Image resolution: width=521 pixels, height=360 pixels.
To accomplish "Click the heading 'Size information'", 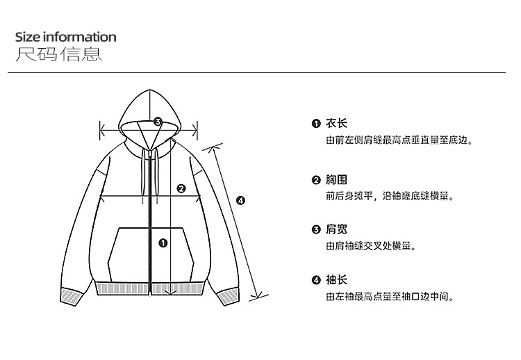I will tap(65, 37).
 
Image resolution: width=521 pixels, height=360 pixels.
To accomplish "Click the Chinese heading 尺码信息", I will tap(58, 54).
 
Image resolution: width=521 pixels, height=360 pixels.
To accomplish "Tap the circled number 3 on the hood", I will tap(158, 122).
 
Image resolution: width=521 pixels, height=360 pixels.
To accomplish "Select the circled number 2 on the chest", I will tap(181, 188).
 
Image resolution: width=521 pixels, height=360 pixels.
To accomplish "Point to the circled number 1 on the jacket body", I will tap(163, 243).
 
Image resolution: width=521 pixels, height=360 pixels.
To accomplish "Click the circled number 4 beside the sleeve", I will tap(240, 201).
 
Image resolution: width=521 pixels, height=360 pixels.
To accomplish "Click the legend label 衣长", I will tap(337, 124).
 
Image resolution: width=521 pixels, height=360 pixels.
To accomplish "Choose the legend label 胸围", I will tap(337, 180).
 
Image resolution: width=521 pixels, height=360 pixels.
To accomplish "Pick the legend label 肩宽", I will tap(337, 229).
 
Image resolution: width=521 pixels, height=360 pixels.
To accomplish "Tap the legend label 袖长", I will tap(337, 280).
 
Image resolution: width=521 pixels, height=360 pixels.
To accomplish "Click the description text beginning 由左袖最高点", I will tap(390, 297).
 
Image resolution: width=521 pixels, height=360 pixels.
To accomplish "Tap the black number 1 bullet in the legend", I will tap(316, 124).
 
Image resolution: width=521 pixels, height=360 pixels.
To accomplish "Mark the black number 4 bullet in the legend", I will tap(316, 281).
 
